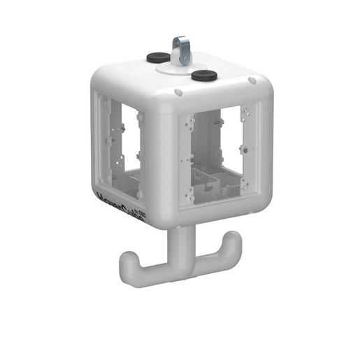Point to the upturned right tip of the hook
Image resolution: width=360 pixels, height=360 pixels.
click(x=233, y=240)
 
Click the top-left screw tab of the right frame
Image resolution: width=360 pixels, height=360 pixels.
click(x=190, y=120)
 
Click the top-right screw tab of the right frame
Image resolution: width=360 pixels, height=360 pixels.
click(x=244, y=110)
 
